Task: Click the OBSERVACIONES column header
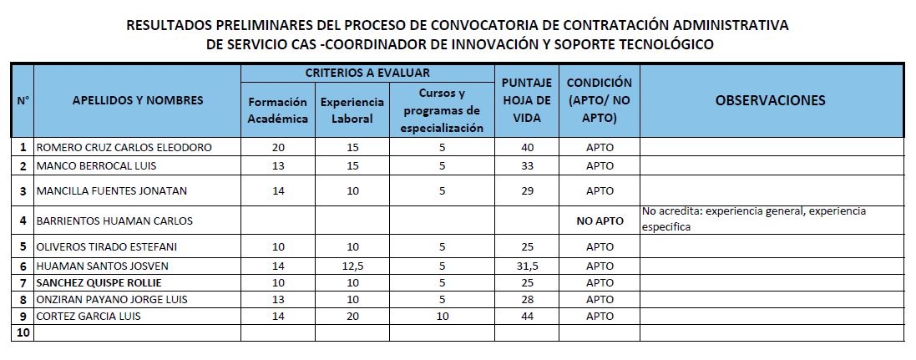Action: [x=771, y=100]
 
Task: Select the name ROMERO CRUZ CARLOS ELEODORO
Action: [x=124, y=147]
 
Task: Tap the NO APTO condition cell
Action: [x=600, y=221]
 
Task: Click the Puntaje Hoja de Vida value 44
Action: [x=527, y=317]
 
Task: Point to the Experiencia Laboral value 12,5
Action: [x=352, y=266]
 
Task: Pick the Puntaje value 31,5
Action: [x=527, y=266]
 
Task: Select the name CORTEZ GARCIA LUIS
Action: [x=89, y=317]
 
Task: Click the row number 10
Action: [x=23, y=332]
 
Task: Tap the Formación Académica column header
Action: [x=278, y=110]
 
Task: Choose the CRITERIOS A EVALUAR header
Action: [x=367, y=73]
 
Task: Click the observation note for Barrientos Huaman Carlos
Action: [x=754, y=219]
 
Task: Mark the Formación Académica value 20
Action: [x=278, y=147]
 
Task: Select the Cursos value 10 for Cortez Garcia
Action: [x=443, y=317]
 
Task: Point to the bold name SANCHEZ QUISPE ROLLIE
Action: [x=99, y=283]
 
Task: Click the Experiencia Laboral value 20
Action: [x=352, y=317]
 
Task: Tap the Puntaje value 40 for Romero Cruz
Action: [x=527, y=147]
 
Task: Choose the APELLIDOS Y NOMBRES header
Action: [x=138, y=100]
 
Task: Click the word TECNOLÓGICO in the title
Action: [x=660, y=43]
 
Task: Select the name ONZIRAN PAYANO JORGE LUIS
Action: [x=112, y=300]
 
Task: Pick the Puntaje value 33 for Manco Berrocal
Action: [x=527, y=165]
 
